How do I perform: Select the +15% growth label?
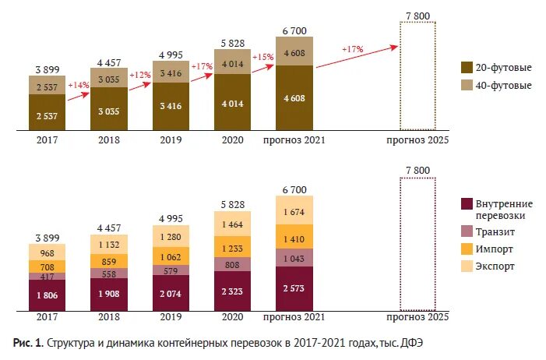[263, 56]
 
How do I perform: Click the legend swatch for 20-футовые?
[467, 67]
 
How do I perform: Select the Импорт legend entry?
[495, 249]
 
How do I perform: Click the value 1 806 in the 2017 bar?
[48, 296]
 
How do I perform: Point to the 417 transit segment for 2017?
[48, 276]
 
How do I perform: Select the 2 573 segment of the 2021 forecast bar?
[294, 288]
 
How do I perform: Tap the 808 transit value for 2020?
[232, 264]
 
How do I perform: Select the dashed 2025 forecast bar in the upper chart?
[417, 76]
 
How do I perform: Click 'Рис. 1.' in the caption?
[28, 343]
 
